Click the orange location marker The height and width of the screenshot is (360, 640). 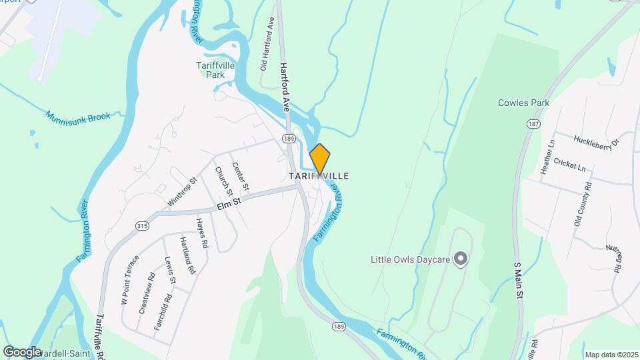click(320, 159)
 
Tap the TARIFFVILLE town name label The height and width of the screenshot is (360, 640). click(319, 175)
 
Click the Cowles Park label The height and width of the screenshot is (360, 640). click(523, 103)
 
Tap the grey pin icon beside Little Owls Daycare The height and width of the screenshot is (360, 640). click(459, 259)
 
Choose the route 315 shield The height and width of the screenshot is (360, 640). click(141, 225)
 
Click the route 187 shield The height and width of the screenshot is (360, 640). click(533, 124)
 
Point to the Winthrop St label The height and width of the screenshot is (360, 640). click(183, 191)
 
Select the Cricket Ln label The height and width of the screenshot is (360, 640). click(569, 163)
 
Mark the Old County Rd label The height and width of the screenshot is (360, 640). click(583, 207)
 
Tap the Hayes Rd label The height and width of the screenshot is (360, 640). click(202, 233)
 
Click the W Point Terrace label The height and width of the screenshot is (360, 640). click(129, 280)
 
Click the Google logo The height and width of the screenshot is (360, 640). click(23, 351)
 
